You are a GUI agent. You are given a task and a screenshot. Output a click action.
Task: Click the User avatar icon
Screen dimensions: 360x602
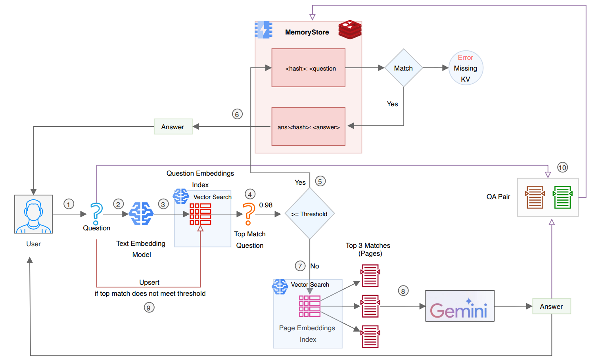(33, 214)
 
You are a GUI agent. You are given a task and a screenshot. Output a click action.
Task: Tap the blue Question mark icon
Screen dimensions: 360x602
(96, 214)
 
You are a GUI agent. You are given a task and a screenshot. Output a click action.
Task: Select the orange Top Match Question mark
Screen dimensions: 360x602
(249, 214)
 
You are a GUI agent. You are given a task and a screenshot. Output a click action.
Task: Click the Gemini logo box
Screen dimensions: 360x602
(460, 306)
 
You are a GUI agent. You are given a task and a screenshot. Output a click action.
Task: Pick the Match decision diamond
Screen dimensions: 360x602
(403, 68)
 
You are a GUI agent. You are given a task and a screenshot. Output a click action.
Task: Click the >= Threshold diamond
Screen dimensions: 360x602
(310, 214)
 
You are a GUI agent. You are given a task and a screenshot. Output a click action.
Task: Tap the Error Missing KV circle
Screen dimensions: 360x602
(466, 68)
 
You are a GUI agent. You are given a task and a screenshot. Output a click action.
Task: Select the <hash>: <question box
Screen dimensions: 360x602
(308, 68)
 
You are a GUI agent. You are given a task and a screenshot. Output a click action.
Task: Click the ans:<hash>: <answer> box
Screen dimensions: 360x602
(308, 127)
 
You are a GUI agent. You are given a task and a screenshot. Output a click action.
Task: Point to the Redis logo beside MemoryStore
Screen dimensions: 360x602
(350, 30)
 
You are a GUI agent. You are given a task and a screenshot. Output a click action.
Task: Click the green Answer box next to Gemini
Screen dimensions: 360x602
(551, 306)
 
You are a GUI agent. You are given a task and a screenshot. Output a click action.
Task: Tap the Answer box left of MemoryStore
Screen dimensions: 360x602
(173, 127)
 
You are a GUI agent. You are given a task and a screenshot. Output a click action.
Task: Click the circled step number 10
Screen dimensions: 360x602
(562, 167)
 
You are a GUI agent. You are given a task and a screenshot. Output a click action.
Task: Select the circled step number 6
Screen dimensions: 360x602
(237, 114)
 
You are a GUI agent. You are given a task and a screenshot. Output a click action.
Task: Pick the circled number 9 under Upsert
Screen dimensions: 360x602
(149, 308)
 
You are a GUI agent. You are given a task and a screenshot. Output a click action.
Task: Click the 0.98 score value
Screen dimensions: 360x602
(266, 205)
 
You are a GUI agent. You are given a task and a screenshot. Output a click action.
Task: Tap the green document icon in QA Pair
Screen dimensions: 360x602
(562, 197)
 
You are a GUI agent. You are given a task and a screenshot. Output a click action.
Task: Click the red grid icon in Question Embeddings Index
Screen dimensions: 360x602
(200, 214)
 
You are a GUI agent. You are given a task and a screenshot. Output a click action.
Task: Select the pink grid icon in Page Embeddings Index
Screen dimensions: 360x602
(309, 306)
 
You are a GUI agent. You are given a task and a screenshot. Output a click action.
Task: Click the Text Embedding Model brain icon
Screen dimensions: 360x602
(141, 214)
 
